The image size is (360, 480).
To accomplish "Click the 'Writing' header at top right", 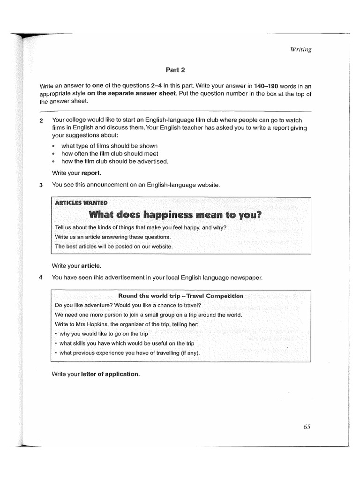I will (x=301, y=50).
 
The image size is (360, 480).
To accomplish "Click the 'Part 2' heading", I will (x=175, y=70).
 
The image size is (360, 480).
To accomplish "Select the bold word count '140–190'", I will (x=266, y=86).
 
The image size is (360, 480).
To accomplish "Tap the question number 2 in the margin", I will (x=41, y=121).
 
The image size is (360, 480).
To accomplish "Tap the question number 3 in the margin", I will (x=41, y=185).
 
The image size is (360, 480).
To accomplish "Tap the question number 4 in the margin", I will (x=41, y=277).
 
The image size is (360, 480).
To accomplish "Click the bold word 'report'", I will (x=91, y=172).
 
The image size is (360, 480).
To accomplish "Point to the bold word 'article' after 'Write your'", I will (x=91, y=266).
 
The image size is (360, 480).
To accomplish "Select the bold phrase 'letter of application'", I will (x=110, y=374).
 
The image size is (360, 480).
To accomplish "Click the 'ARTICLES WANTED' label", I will (x=81, y=203).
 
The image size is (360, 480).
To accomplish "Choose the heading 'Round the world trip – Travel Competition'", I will (x=180, y=296).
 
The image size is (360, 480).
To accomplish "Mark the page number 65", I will (x=307, y=427).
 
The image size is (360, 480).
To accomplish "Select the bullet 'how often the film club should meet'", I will (x=110, y=153).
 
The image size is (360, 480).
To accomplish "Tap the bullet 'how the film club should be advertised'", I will (x=114, y=161).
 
